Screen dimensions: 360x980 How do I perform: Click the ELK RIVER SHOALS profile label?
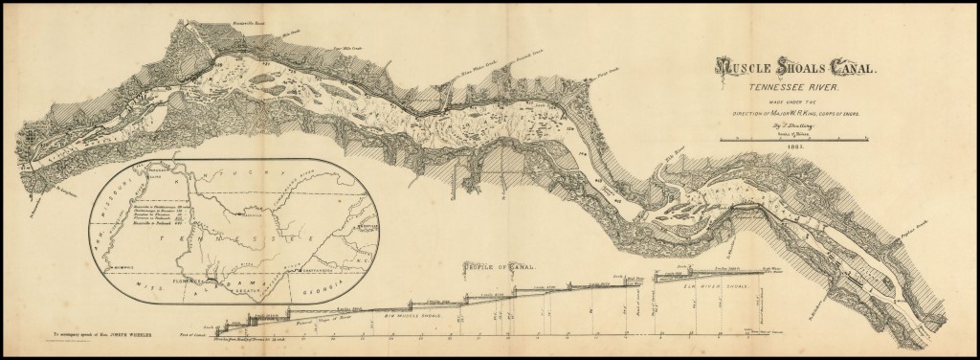[712, 283]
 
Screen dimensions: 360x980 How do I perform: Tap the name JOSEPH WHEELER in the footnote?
[114, 335]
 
